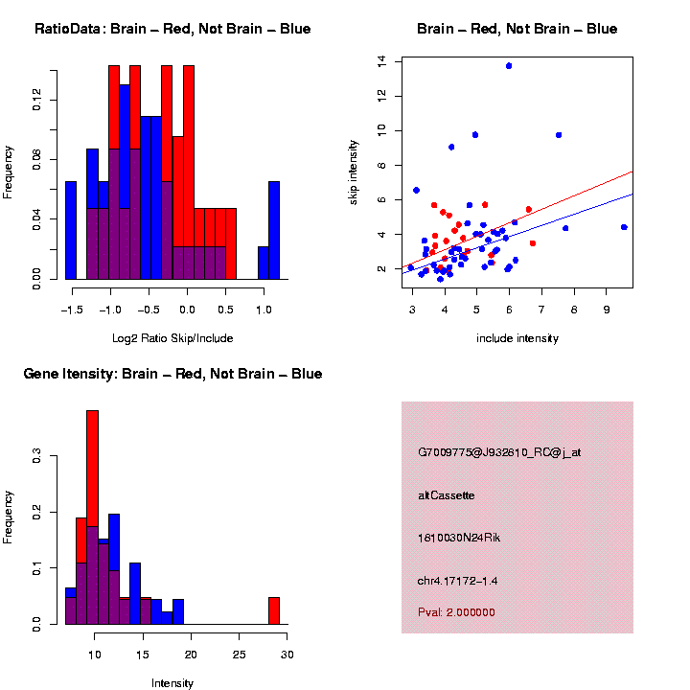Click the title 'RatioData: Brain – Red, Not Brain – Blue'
coord(172,29)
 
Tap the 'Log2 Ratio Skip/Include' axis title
coord(172,338)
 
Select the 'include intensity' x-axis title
coord(517,338)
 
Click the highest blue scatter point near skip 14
coord(509,65)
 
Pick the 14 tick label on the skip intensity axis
coord(382,61)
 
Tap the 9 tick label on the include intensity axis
coord(607,310)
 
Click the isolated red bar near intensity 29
coord(274,610)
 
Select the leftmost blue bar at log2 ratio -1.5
coord(71,230)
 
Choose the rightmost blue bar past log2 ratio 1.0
coord(274,230)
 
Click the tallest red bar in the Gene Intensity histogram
coord(93,517)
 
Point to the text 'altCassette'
coord(447,495)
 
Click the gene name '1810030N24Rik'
coord(459,538)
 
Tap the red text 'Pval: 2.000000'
coord(456,612)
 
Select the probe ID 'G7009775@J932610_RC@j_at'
coord(499,452)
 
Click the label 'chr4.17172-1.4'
coord(458,581)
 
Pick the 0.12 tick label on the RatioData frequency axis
coord(37,100)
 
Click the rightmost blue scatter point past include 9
coord(624,227)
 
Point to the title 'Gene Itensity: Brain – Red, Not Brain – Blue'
coord(172,374)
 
